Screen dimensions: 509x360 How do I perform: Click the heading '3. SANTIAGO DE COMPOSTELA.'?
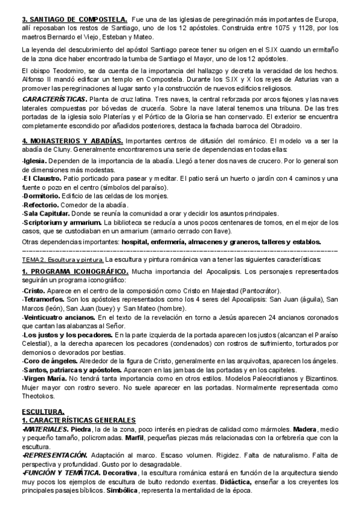pyautogui.click(x=73, y=20)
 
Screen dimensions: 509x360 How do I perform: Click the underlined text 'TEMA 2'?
pyautogui.click(x=34, y=259)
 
